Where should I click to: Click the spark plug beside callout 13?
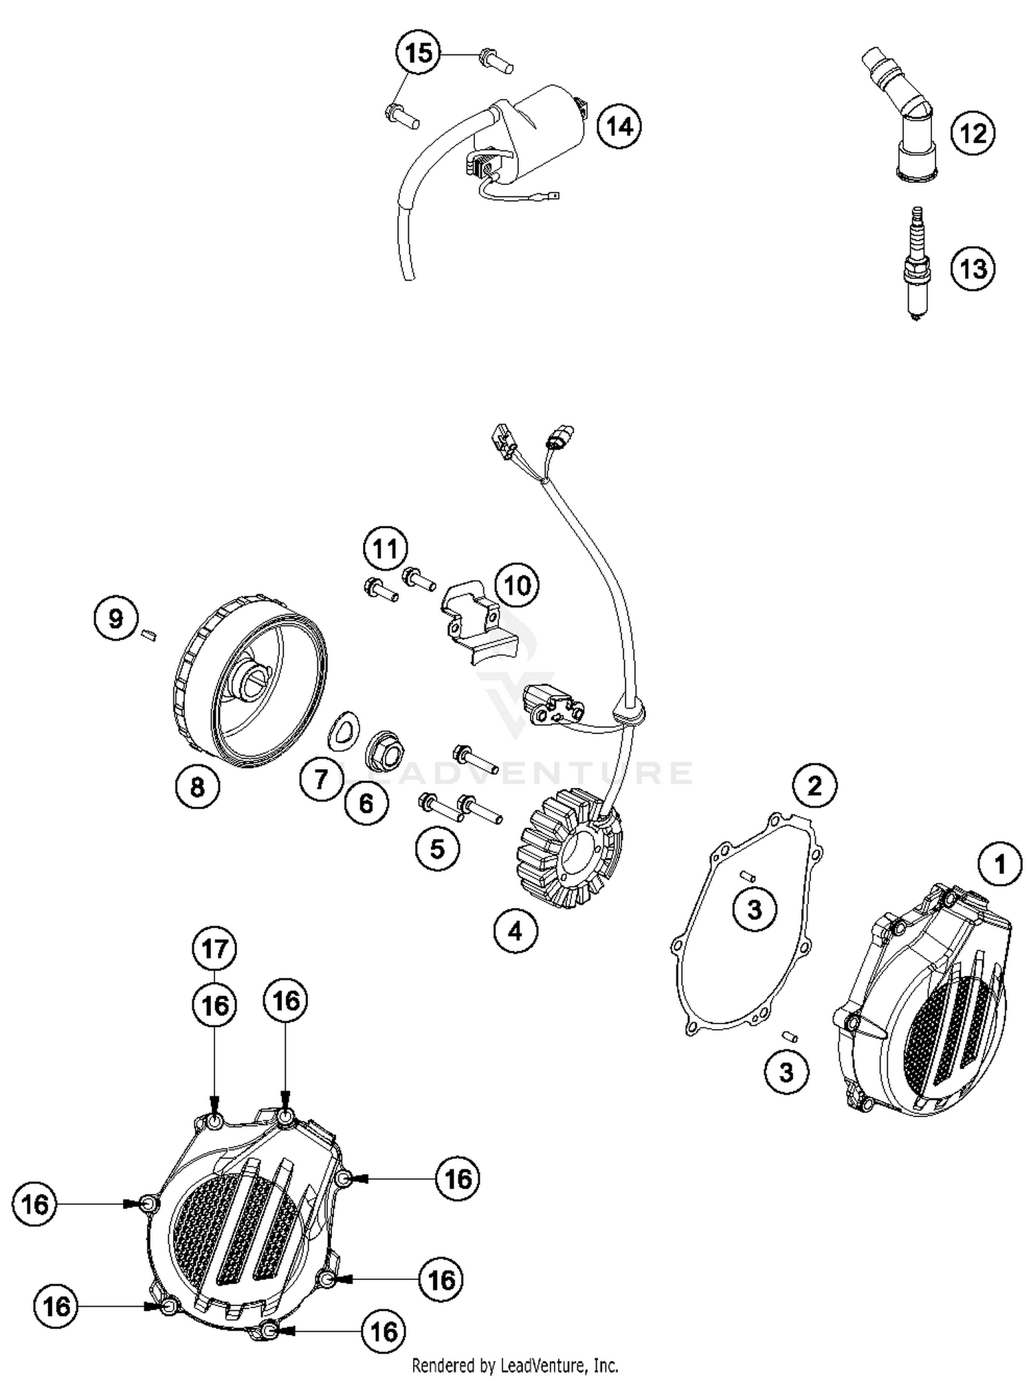[916, 264]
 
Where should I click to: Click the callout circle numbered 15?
[419, 54]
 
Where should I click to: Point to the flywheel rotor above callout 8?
[249, 681]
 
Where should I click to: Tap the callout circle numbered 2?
[815, 786]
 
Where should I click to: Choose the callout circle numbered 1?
[1000, 864]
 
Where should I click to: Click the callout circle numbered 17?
[214, 949]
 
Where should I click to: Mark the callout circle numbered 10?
[517, 586]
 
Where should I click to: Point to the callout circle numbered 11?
[385, 549]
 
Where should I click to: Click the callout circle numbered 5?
[438, 849]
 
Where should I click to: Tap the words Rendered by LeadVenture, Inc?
[515, 1365]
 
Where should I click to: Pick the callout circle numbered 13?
[973, 269]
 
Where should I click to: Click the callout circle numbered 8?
[197, 786]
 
